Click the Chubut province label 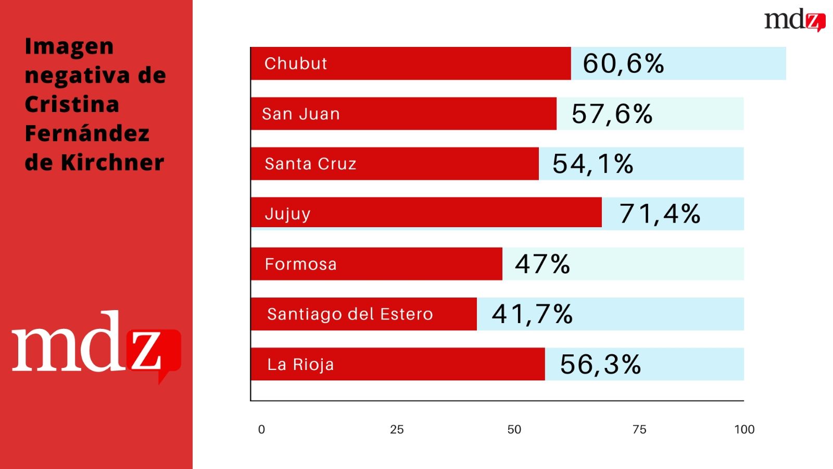click(x=296, y=64)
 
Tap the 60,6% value click(x=623, y=64)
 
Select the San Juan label click(x=301, y=114)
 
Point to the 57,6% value click(x=612, y=114)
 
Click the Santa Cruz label click(x=310, y=164)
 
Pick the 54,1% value click(x=592, y=164)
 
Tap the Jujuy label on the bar click(x=287, y=214)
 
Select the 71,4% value click(x=660, y=214)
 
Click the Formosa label click(x=300, y=264)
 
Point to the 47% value click(x=542, y=264)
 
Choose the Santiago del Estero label click(x=350, y=314)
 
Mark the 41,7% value click(x=532, y=314)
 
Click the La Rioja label click(x=300, y=364)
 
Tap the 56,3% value click(x=600, y=364)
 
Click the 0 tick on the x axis click(x=261, y=429)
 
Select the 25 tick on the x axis click(x=397, y=429)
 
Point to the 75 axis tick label click(x=639, y=429)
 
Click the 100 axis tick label click(x=744, y=429)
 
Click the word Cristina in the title click(x=72, y=104)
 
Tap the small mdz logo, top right click(x=794, y=20)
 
